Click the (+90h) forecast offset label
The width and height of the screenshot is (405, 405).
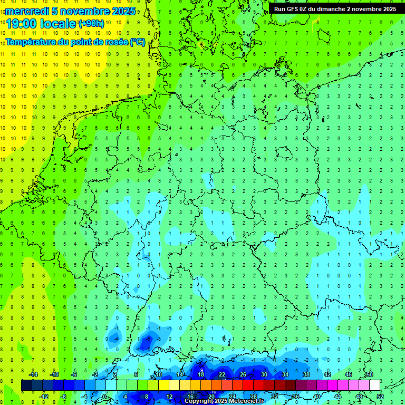pos(91,24)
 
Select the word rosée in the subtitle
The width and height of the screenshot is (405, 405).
pos(114,42)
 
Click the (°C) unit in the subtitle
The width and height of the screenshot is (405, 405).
pos(137,42)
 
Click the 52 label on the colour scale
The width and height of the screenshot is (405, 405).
pos(380,397)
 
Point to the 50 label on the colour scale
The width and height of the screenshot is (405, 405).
pos(369,374)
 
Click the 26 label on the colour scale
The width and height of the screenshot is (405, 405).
pos(243,374)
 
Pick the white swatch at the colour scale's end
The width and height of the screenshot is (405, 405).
pos(374,385)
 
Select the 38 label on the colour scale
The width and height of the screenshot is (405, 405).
pos(306,374)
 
